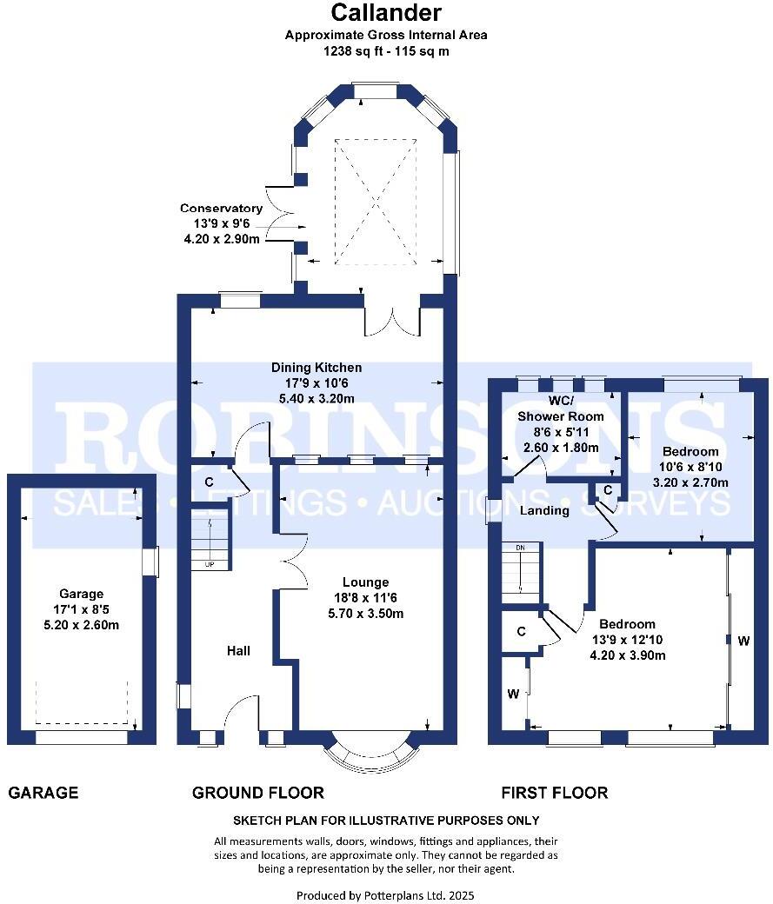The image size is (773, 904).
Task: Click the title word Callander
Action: point(386,13)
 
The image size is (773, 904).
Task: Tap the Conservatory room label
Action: point(221,209)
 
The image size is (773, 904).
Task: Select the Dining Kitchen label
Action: point(316,368)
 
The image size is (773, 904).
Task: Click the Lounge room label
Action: point(365,582)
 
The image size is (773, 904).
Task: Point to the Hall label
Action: point(238,650)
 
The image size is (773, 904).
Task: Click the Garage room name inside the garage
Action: point(81,595)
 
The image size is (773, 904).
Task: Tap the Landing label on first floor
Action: point(544,510)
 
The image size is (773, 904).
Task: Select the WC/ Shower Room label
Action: point(561,409)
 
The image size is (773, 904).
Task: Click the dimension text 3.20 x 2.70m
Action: point(695,482)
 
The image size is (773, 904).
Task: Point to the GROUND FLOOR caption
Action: point(257,793)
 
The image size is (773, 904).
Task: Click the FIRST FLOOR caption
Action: point(554,793)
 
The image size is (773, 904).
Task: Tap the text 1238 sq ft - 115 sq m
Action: point(386,51)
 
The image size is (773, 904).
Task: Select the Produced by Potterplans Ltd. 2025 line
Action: point(386,894)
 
